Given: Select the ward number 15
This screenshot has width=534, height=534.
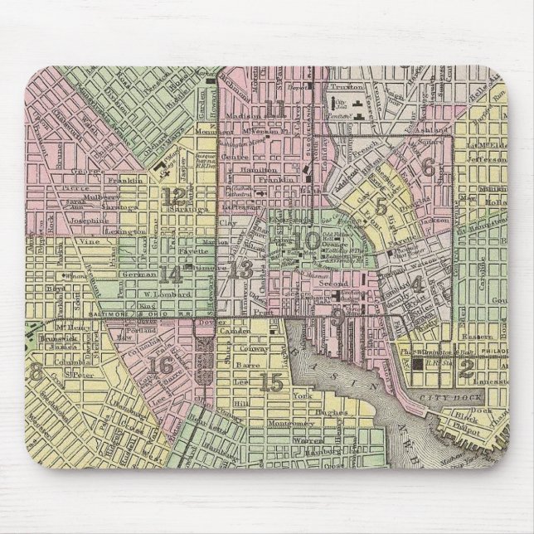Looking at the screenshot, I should pos(271,382).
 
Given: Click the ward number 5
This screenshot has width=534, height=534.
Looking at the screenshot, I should pos(381,207).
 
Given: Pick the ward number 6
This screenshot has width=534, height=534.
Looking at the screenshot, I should pos(428,167).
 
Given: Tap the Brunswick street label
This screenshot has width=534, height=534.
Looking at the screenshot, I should pos(56,339).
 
